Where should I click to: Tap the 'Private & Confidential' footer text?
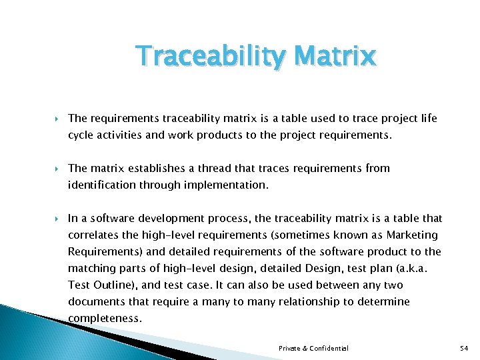point(313,349)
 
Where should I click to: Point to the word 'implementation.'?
point(229,185)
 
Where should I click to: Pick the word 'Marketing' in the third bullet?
point(413,235)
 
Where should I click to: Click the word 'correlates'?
point(93,235)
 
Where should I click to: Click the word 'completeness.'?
point(105,318)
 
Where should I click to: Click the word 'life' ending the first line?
point(428,118)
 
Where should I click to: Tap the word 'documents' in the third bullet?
point(95,301)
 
